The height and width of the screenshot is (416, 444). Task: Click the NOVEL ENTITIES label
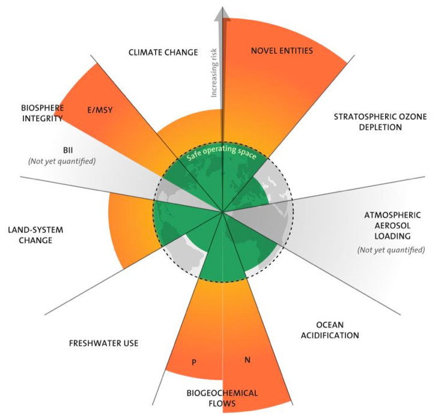(282, 50)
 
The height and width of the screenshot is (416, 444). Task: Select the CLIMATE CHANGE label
(163, 52)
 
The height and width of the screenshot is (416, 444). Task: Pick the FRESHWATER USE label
(103, 343)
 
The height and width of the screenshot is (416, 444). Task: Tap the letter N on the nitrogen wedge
(247, 360)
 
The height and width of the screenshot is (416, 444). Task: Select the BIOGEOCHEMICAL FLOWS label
(222, 398)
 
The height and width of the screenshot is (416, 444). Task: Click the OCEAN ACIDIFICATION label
(330, 330)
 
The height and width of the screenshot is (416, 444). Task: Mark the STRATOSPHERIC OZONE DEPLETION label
(380, 122)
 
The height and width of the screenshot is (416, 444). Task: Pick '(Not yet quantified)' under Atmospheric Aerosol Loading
(391, 249)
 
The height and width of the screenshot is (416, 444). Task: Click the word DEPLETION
(380, 127)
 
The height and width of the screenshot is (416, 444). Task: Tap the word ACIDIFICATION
(330, 335)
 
